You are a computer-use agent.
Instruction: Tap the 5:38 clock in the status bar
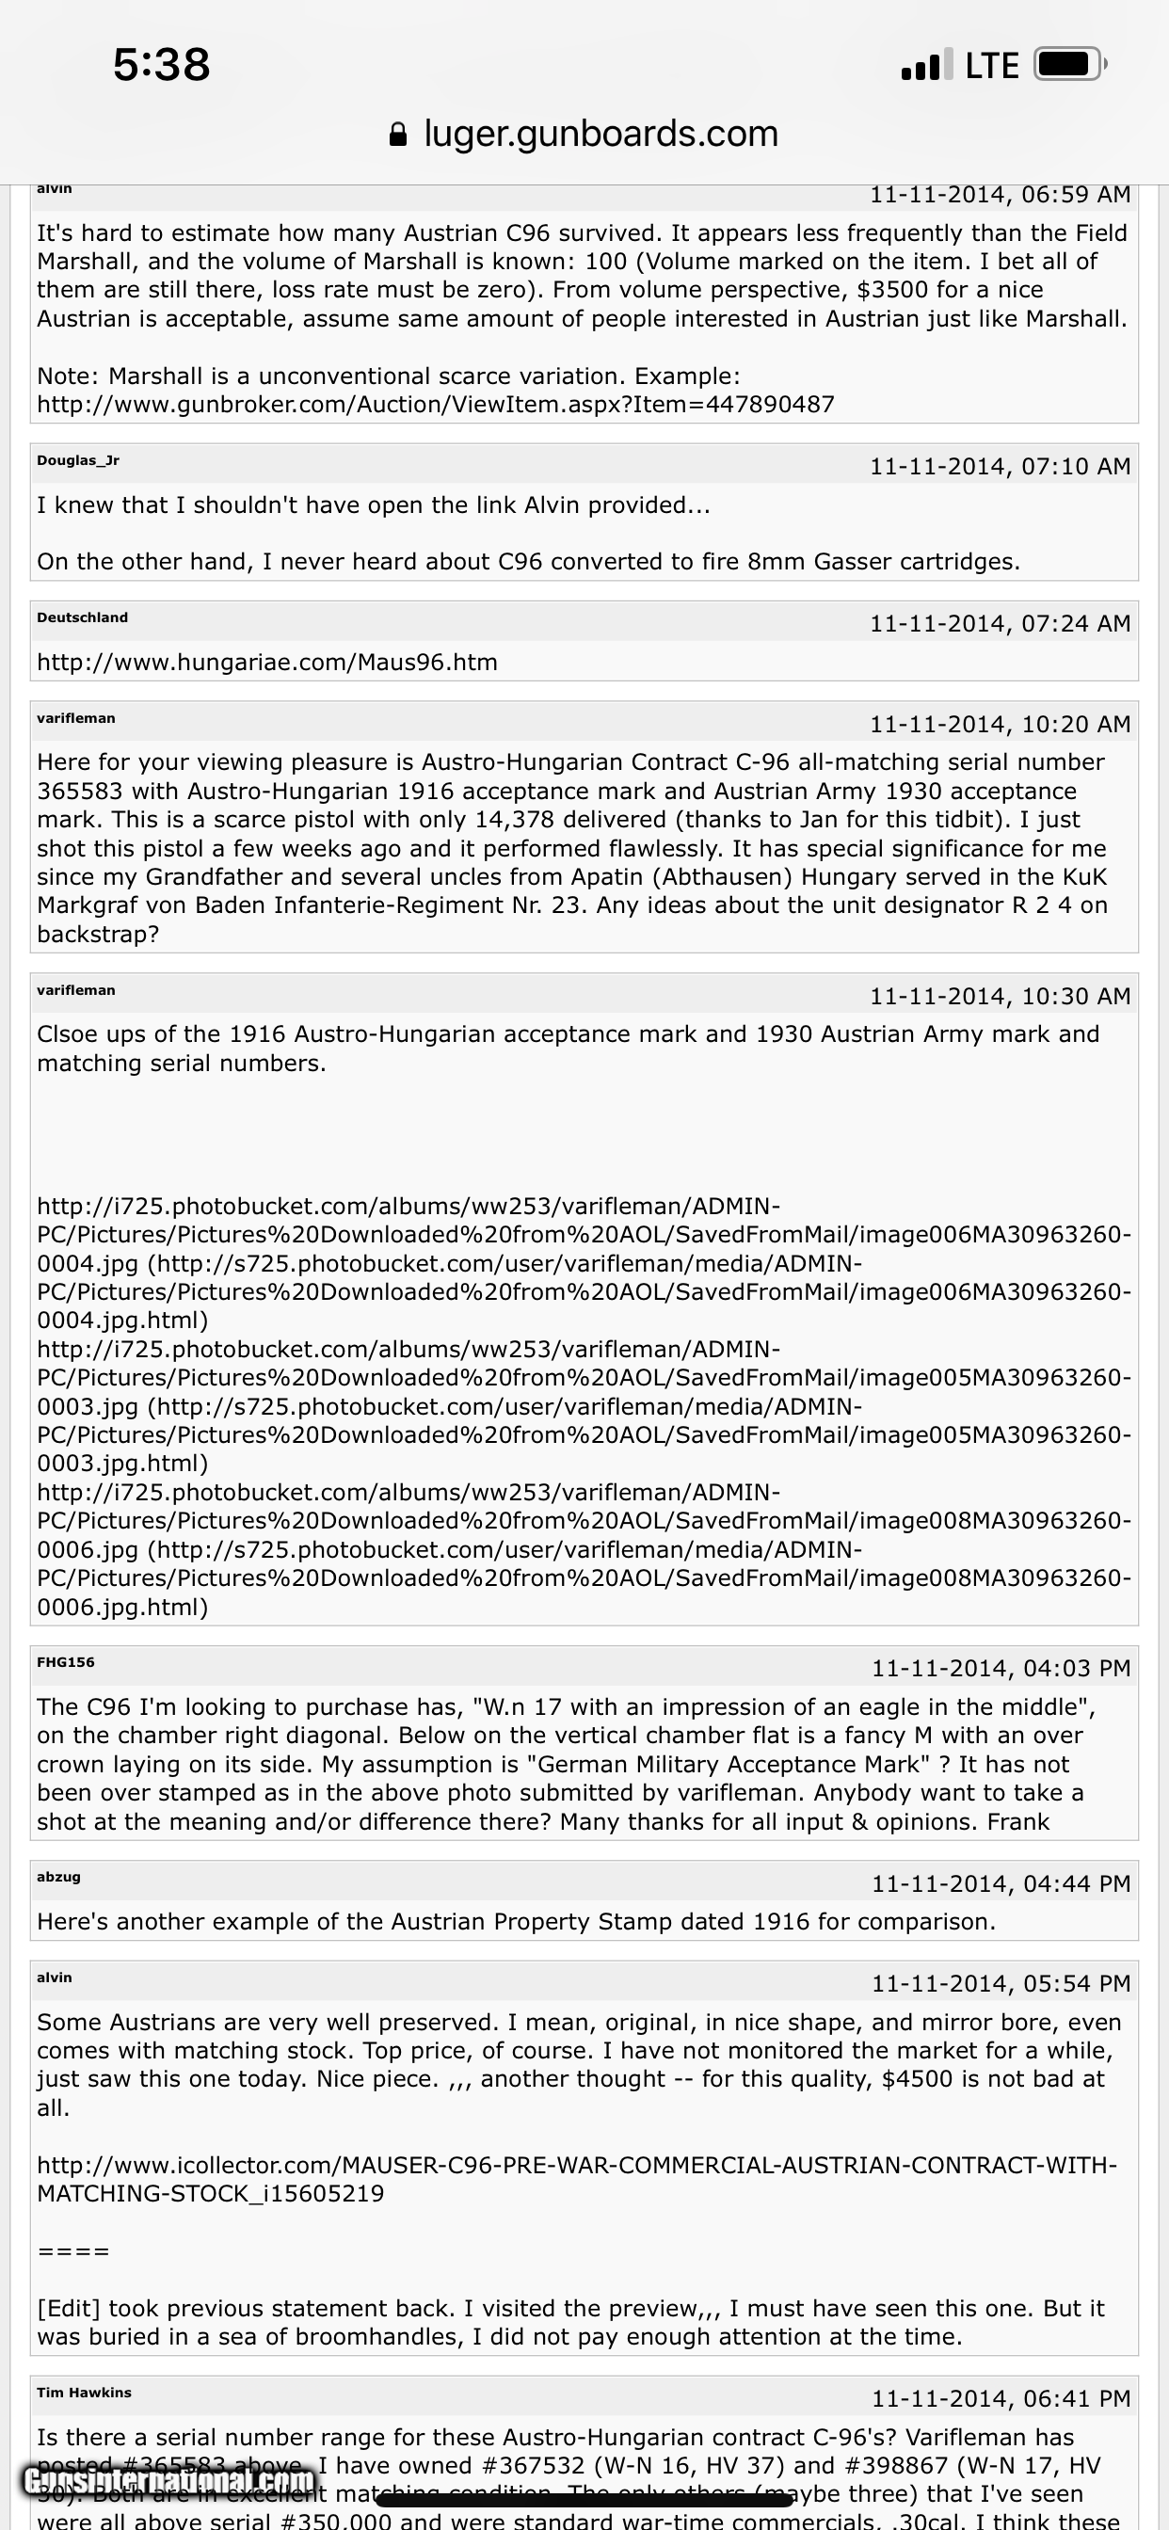161,65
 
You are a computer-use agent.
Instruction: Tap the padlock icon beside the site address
398,135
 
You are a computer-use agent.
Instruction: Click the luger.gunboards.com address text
601,134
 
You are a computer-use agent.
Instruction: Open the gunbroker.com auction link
435,405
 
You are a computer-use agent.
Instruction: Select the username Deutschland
83,617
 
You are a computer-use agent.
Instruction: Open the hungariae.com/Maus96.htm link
267,663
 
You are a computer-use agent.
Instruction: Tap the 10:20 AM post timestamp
999,725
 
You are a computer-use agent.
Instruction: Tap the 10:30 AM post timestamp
999,997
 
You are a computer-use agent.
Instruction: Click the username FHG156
66,1663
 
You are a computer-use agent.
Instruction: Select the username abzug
59,1877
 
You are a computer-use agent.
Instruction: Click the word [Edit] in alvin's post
69,2309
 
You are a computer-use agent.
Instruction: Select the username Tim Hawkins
84,2393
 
